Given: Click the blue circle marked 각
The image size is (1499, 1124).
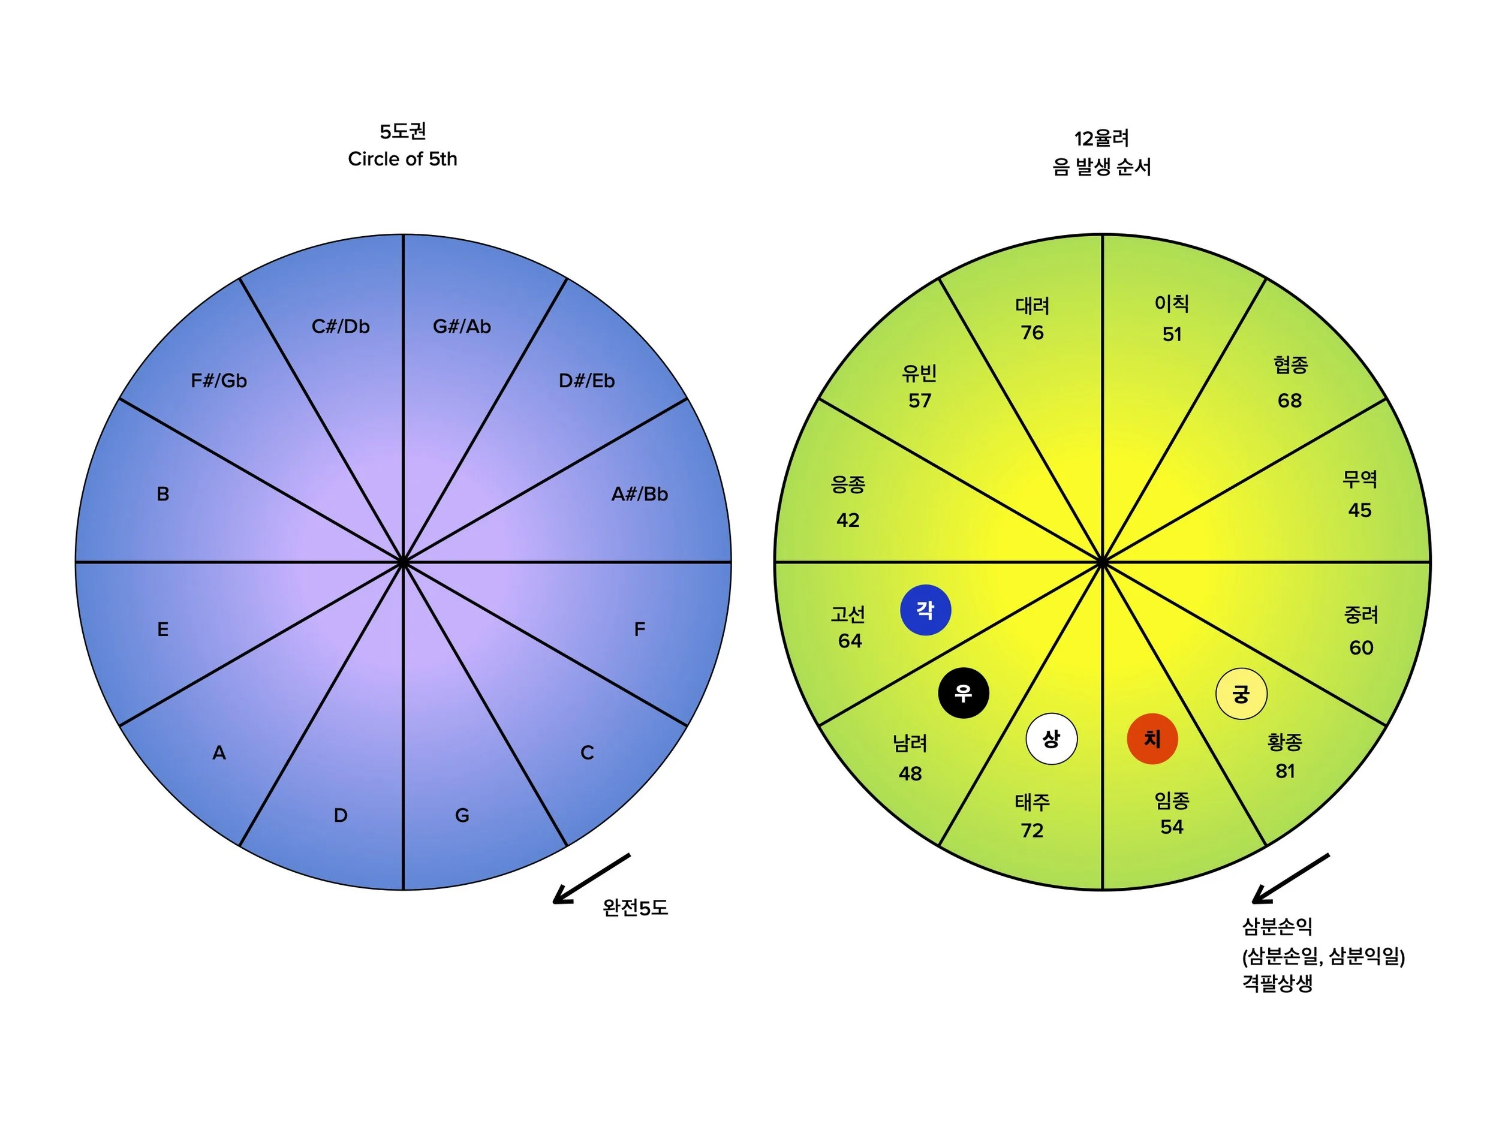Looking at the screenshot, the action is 925,610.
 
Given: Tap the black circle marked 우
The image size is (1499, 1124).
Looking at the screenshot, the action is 963,692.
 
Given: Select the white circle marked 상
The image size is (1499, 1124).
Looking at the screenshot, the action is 1051,739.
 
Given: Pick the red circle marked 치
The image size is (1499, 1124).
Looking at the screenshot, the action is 1152,739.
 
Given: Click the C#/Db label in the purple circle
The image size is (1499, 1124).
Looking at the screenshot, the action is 340,327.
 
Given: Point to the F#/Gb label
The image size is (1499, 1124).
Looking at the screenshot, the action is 219,381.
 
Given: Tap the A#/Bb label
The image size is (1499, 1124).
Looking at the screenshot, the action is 639,494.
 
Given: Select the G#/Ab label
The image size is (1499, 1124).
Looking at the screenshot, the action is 462,327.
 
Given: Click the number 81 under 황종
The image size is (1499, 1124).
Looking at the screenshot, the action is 1285,771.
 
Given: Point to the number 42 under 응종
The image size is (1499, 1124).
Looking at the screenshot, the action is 848,520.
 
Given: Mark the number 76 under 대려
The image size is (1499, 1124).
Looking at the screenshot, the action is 1032,333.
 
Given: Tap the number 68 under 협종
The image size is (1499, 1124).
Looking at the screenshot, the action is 1290,400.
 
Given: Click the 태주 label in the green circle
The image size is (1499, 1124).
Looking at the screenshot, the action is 1032,802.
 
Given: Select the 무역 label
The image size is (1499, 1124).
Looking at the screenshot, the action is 1359,479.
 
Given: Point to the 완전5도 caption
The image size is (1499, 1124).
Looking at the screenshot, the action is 635,908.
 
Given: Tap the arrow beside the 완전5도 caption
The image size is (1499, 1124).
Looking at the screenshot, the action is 591,878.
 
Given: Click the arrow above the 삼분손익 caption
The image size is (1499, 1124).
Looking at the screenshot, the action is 1290,878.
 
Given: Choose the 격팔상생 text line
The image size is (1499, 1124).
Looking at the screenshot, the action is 1277,983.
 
